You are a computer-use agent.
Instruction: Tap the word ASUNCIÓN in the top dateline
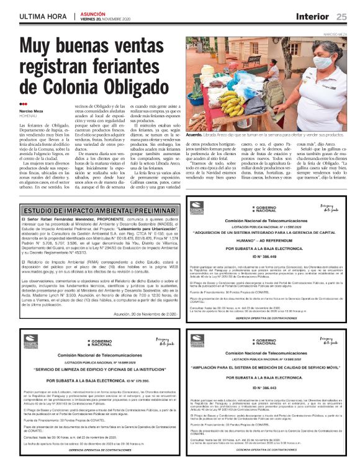[x=94, y=13]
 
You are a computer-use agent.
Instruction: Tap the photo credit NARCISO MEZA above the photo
[x=335, y=35]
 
